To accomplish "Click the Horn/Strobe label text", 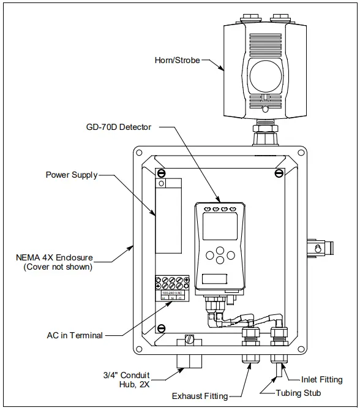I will click(x=176, y=61).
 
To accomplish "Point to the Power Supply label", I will click(x=72, y=175).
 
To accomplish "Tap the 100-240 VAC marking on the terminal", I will click(x=173, y=294).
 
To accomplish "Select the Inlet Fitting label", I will click(x=322, y=380).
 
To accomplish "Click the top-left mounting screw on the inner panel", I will click(x=160, y=173).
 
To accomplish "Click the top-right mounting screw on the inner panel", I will click(x=279, y=173).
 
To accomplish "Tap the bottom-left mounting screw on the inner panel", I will click(x=160, y=328).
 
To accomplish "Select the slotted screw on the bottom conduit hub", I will click(x=190, y=339).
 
